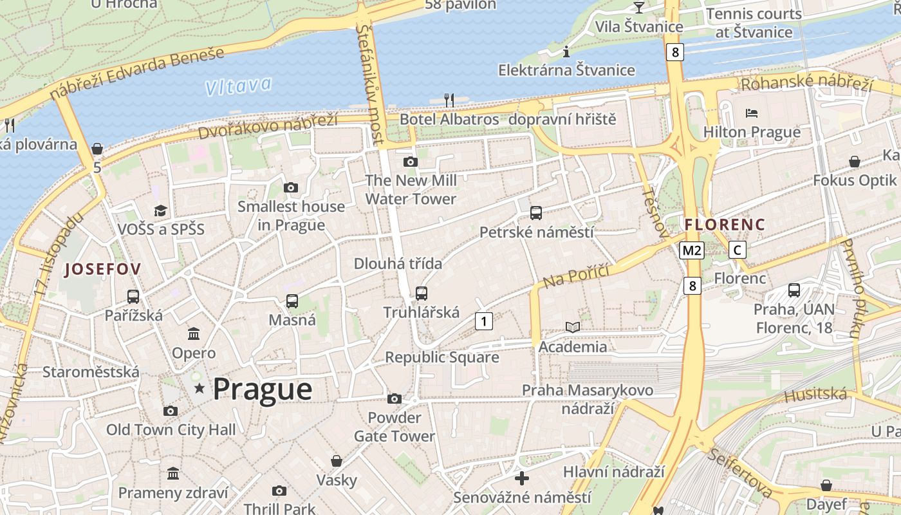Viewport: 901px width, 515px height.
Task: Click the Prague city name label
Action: point(263,389)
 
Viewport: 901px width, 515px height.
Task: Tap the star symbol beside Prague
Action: point(200,388)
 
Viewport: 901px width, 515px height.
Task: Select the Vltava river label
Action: point(239,86)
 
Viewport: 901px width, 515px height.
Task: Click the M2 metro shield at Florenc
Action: point(692,250)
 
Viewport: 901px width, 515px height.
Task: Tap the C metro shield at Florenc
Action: point(738,250)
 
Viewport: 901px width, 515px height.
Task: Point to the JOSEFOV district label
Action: point(102,270)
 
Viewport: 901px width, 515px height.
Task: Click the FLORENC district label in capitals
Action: point(725,225)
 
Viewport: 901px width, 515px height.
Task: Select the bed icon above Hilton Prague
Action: point(752,113)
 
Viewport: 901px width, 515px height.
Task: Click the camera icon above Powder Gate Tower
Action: point(395,399)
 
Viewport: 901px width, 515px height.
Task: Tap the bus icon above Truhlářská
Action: point(422,294)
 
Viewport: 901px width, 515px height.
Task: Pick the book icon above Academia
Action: point(572,327)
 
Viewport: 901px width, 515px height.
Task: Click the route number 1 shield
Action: point(484,321)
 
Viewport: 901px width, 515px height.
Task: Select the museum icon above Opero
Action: point(194,333)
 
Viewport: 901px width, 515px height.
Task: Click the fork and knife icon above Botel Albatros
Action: point(449,100)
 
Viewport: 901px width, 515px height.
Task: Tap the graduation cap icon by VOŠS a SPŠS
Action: point(160,211)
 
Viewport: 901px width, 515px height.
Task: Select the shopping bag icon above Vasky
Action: point(336,461)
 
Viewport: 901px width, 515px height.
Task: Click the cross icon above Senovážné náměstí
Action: point(522,478)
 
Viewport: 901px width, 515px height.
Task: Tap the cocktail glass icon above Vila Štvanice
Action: point(638,7)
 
